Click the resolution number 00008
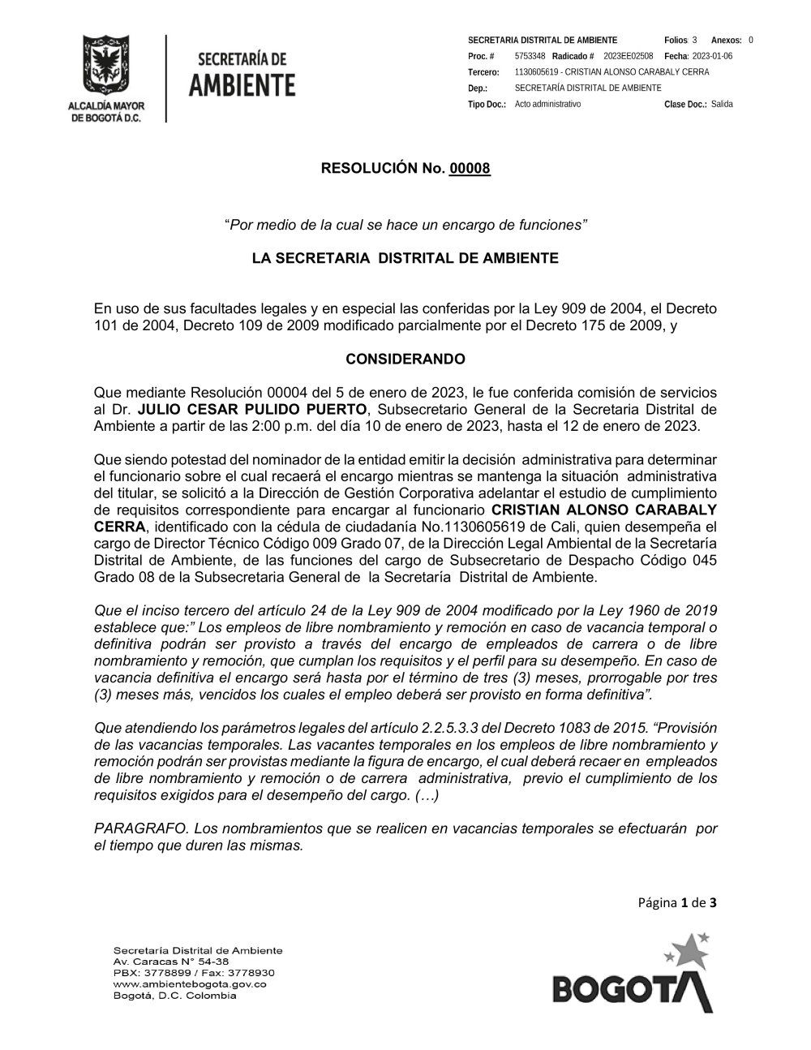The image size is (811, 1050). (x=470, y=169)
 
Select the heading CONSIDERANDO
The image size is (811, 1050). (x=405, y=359)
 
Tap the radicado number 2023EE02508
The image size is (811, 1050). (x=628, y=56)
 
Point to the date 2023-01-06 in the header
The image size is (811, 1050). (x=713, y=56)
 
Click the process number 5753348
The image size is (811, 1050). (x=530, y=56)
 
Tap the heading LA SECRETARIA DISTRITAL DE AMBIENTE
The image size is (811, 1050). (x=405, y=259)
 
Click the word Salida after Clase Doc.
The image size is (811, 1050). (x=722, y=105)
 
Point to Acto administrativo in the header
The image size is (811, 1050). (x=547, y=105)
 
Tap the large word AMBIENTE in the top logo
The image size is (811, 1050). (x=242, y=84)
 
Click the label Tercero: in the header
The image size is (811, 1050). (x=483, y=72)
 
